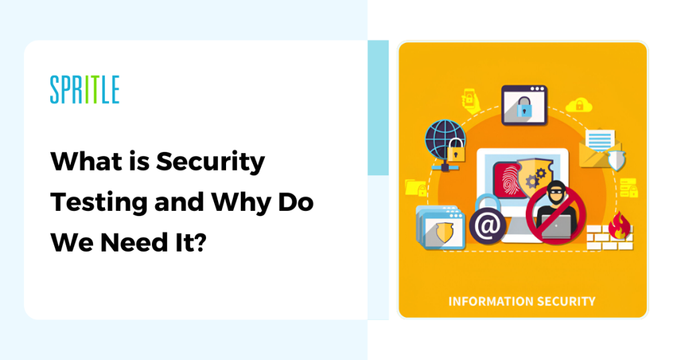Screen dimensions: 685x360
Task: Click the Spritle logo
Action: pos(85,89)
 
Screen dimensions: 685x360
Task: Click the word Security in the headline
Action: pos(211,163)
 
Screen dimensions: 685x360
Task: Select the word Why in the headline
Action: pos(240,203)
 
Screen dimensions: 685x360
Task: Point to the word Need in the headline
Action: pos(134,243)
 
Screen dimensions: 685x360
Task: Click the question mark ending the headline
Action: pos(199,242)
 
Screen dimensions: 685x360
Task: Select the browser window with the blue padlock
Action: pos(524,105)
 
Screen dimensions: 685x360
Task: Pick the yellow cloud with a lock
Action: pos(579,105)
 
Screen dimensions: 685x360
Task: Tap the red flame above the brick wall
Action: pos(619,226)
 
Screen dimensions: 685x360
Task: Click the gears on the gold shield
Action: pos(536,177)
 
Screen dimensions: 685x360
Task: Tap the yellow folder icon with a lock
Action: pos(415,188)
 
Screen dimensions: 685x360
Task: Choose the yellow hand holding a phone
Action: pos(471,100)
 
